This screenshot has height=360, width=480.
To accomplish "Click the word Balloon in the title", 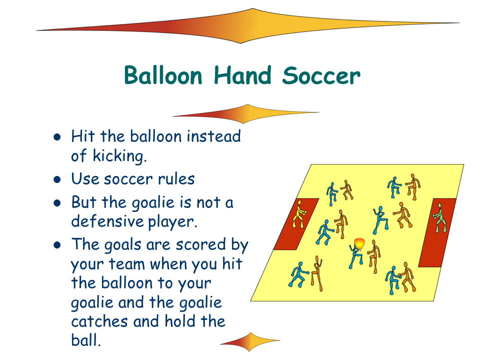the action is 163,75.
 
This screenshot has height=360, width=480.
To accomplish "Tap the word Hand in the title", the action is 242,75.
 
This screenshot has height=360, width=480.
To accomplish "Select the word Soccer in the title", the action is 321,75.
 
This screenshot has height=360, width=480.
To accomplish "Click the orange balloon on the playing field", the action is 359,244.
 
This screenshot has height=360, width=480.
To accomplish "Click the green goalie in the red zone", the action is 439,217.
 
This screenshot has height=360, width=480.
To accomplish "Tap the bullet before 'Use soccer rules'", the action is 57,179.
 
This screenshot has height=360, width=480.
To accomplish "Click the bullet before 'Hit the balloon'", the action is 57,137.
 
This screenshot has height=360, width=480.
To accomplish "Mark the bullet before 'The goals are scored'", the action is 57,245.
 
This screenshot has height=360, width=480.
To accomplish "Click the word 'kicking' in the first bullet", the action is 119,156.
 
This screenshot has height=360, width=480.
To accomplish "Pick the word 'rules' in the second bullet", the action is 176,179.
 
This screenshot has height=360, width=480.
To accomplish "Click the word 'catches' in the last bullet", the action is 99,321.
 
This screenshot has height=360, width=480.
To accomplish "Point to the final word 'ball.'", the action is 85,339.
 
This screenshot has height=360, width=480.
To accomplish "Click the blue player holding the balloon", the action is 355,256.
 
